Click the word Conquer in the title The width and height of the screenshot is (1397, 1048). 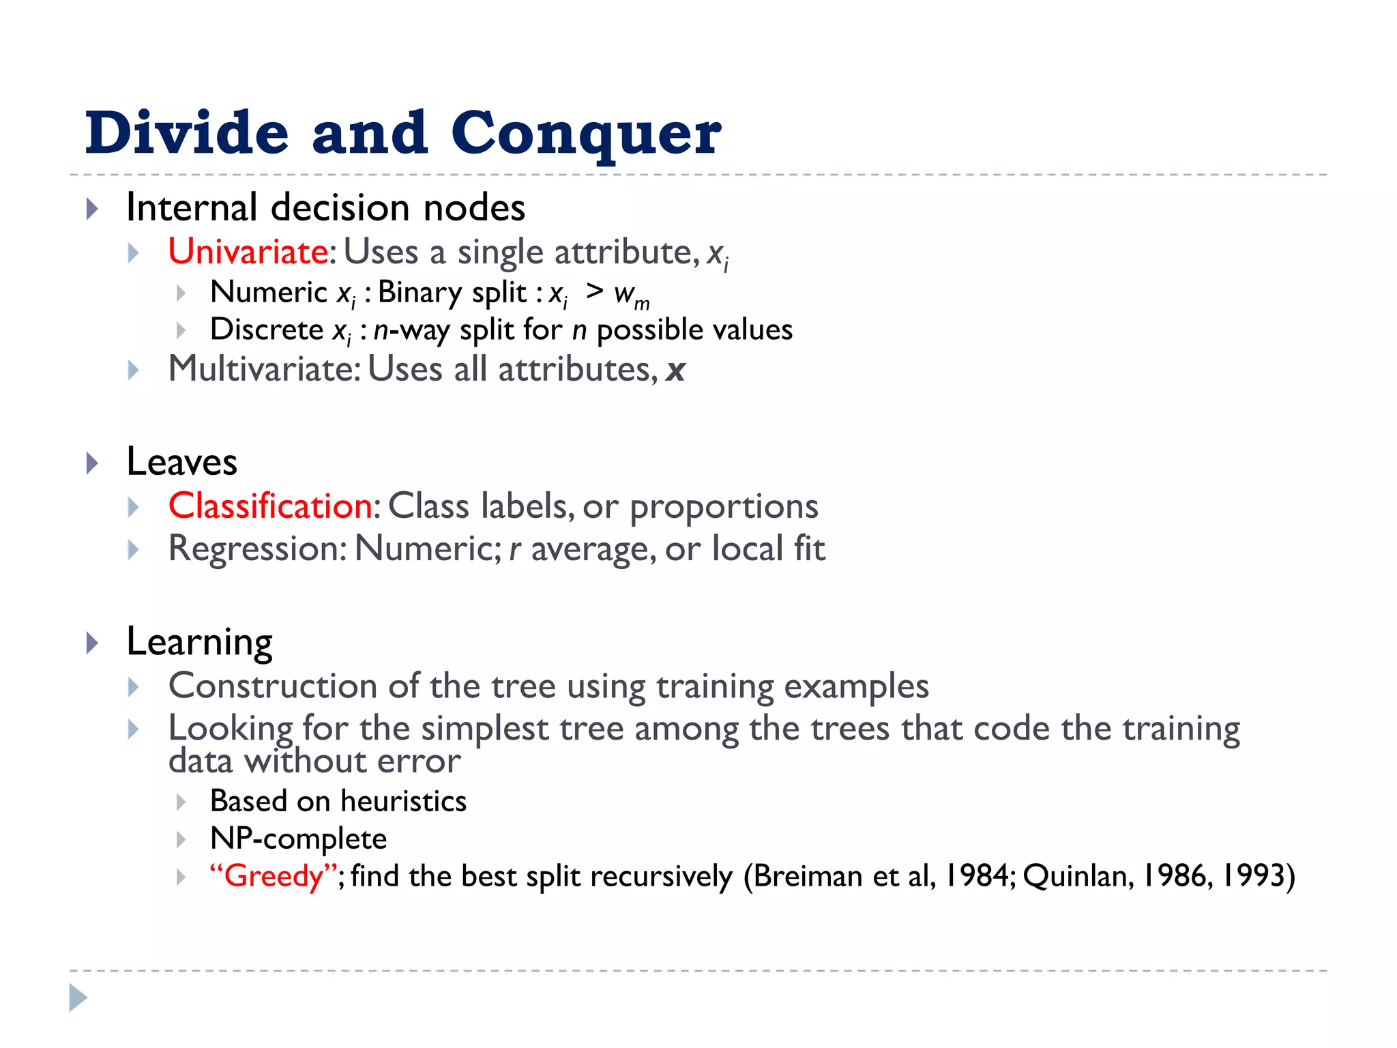click(x=585, y=134)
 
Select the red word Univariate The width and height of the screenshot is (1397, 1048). click(x=248, y=252)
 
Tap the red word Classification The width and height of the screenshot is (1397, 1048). click(x=271, y=506)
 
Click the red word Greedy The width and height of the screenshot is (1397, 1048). click(x=273, y=876)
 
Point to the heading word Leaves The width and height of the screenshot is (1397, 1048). click(x=181, y=462)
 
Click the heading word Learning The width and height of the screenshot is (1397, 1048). click(x=199, y=642)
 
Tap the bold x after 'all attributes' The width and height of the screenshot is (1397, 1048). click(x=675, y=370)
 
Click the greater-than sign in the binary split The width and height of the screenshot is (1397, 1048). click(x=594, y=291)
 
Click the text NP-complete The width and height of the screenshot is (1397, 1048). click(x=298, y=839)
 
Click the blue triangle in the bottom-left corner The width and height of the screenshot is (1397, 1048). click(x=78, y=998)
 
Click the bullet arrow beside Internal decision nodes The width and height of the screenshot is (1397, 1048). click(x=93, y=209)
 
